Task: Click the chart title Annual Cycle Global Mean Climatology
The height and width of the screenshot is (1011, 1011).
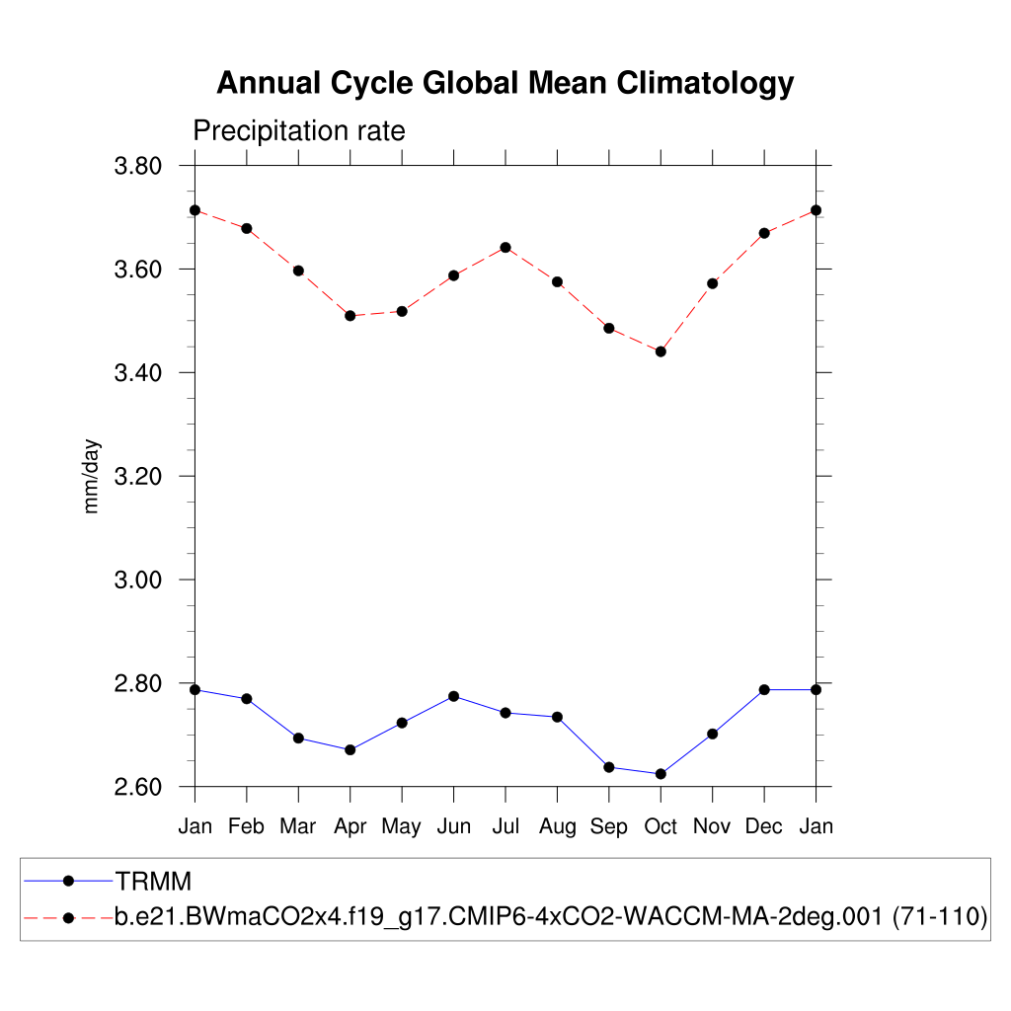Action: pos(505,83)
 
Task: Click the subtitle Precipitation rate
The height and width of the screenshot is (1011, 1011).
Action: pos(298,131)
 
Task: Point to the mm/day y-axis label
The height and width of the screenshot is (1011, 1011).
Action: pos(93,476)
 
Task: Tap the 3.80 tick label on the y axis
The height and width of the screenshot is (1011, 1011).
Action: pos(138,166)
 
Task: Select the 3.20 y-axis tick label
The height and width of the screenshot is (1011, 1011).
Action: pos(138,477)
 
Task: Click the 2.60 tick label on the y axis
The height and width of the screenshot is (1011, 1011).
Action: pos(138,788)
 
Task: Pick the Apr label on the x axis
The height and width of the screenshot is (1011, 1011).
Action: pos(350,827)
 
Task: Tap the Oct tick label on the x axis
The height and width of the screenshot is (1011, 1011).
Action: pos(661,827)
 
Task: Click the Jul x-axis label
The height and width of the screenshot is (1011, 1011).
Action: pos(505,827)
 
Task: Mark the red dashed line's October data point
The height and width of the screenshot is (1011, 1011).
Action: pos(661,351)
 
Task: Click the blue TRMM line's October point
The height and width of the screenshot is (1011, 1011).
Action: pos(661,774)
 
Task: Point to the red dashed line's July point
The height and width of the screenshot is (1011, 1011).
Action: pos(505,247)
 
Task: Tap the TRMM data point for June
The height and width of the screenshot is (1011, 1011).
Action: pos(453,696)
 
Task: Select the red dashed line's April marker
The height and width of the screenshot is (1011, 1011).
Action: pos(350,316)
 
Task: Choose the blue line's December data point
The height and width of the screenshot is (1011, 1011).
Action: pos(764,689)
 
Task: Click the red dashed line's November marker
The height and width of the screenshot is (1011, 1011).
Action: pos(713,283)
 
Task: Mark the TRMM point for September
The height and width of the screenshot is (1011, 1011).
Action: pos(609,767)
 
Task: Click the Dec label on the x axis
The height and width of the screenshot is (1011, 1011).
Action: pos(764,827)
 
